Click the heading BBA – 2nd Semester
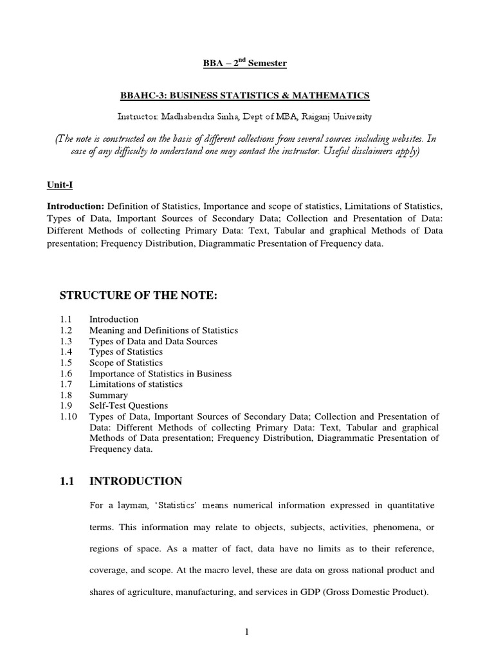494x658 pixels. click(x=246, y=63)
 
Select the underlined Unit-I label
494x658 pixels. click(x=60, y=184)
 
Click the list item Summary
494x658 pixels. click(x=108, y=395)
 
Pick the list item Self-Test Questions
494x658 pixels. click(x=128, y=406)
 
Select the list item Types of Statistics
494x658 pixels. click(x=126, y=352)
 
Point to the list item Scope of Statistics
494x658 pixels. click(x=125, y=363)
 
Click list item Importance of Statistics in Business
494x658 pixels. click(x=160, y=374)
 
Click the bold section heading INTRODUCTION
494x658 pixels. click(x=136, y=481)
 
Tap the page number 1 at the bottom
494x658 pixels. click(x=246, y=632)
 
